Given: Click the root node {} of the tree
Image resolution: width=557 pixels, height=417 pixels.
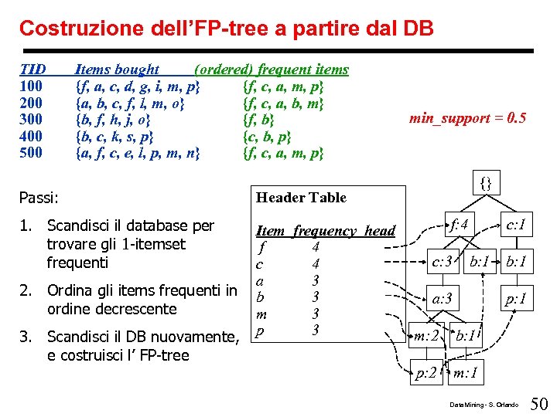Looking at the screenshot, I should pyautogui.click(x=486, y=184).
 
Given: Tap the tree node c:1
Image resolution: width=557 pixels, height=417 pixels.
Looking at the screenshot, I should pyautogui.click(x=515, y=225).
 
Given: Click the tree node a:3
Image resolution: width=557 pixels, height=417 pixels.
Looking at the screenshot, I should pyautogui.click(x=443, y=298).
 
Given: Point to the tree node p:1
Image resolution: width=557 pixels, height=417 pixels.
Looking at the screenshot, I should pyautogui.click(x=515, y=298).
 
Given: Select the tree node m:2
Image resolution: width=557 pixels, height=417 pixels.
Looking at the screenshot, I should pyautogui.click(x=427, y=336).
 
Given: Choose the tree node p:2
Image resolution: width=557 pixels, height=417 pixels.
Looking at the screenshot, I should pyautogui.click(x=425, y=374).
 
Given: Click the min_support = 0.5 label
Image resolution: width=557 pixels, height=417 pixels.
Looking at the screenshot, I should pyautogui.click(x=467, y=118).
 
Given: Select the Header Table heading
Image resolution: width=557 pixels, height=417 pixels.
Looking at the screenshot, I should pyautogui.click(x=301, y=197).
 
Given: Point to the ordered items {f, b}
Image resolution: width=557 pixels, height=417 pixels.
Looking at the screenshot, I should pyautogui.click(x=259, y=119).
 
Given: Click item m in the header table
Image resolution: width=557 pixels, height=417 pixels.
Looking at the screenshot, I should pyautogui.click(x=261, y=314).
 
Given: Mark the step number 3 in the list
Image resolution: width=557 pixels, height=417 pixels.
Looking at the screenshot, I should pyautogui.click(x=26, y=337).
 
